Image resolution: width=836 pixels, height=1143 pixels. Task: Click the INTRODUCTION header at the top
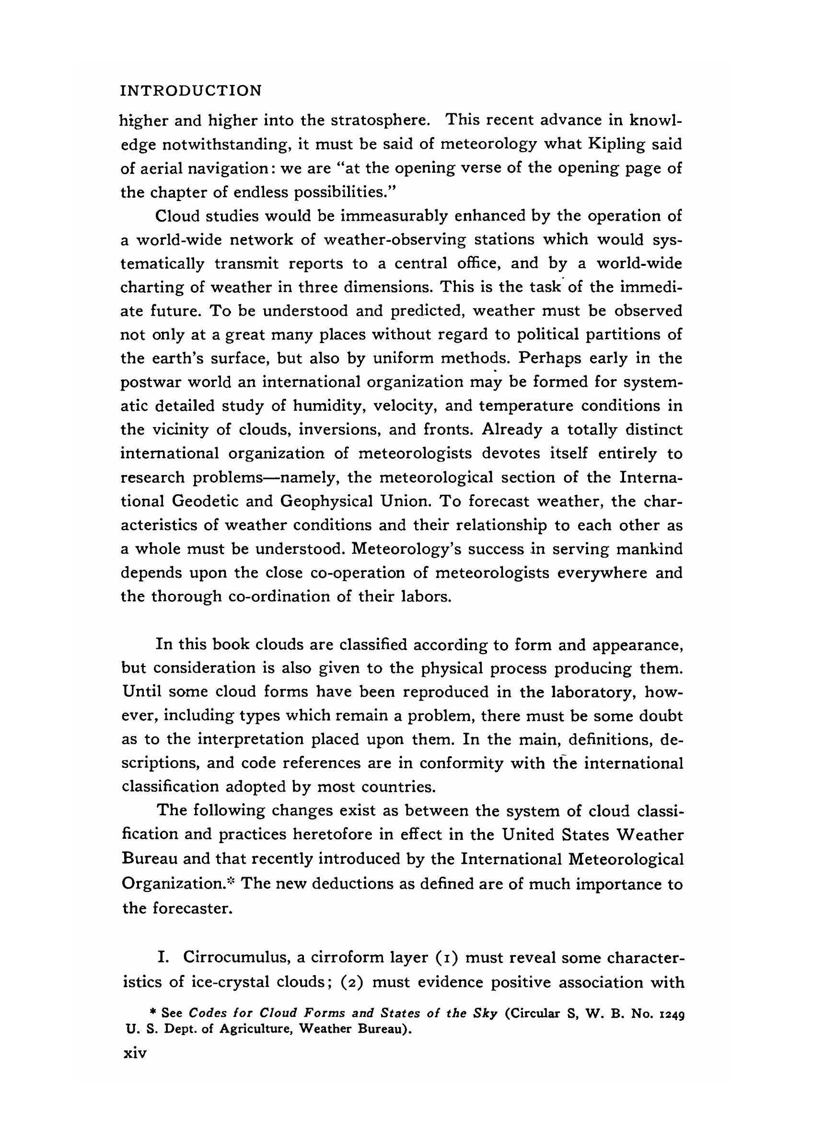(x=191, y=91)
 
